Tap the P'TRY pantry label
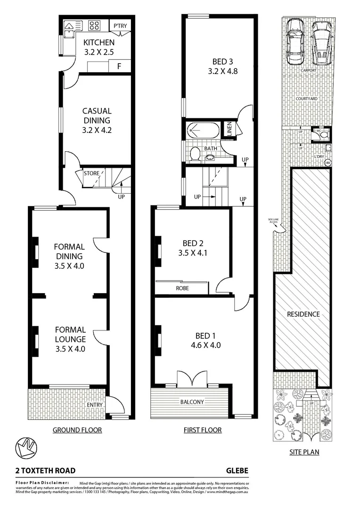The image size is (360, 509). (x=120, y=25)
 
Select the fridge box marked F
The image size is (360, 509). (x=119, y=66)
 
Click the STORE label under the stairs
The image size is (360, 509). (x=91, y=173)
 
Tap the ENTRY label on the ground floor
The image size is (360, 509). (x=95, y=404)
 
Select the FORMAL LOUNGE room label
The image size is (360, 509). (x=70, y=334)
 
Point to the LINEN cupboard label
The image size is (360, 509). (x=229, y=130)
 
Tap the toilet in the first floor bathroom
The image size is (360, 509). (x=194, y=153)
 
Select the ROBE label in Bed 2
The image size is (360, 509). (x=182, y=287)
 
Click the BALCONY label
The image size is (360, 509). (x=191, y=402)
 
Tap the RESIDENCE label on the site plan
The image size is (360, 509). (x=303, y=314)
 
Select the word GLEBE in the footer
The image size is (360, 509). (x=237, y=470)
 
